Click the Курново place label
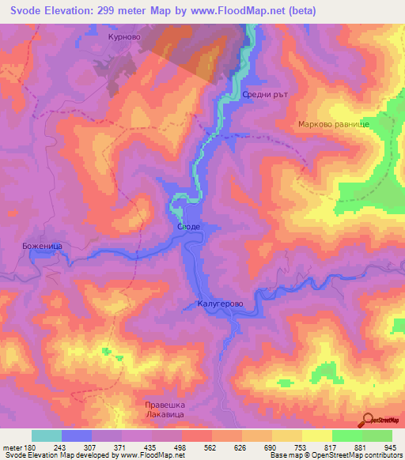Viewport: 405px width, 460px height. pos(123,36)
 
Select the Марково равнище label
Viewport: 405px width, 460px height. pos(332,125)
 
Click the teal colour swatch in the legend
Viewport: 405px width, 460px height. pos(47,435)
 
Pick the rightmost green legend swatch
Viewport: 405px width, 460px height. pos(377,435)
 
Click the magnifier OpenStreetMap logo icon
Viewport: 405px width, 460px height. pos(367,420)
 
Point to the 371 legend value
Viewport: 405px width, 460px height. pos(119,447)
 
